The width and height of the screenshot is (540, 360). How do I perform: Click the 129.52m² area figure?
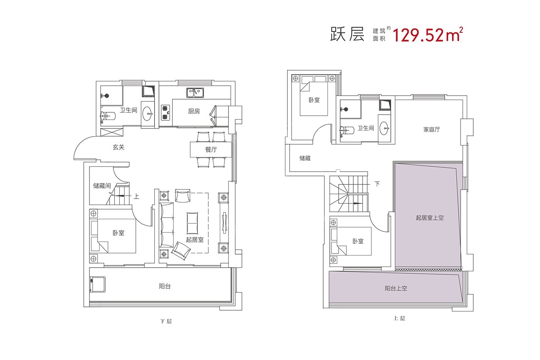(x=427, y=35)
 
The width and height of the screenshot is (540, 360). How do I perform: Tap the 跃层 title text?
(x=347, y=35)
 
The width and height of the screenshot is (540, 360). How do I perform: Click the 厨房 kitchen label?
(x=194, y=112)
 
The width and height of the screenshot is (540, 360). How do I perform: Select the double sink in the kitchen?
(x=196, y=93)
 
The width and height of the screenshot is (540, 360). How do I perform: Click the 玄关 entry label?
(x=118, y=147)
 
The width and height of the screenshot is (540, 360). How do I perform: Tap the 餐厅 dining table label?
(x=211, y=150)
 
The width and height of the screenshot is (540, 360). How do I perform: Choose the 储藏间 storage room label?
(x=102, y=186)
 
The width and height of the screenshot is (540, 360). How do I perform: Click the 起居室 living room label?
(x=194, y=240)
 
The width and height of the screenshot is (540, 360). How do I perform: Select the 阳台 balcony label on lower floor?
(x=165, y=286)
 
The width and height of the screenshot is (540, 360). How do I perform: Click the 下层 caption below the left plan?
(x=166, y=321)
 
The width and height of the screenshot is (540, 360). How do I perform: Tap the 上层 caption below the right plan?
(x=399, y=319)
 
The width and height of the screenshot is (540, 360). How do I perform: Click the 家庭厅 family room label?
(x=431, y=130)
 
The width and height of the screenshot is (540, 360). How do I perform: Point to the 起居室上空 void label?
(x=430, y=218)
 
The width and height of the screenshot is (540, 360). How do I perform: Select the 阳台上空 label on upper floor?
(x=396, y=288)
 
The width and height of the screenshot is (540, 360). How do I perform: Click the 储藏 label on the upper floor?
(x=305, y=158)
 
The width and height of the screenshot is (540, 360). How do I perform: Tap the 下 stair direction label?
(x=377, y=184)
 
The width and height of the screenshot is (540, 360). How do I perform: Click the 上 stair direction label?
(x=136, y=196)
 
